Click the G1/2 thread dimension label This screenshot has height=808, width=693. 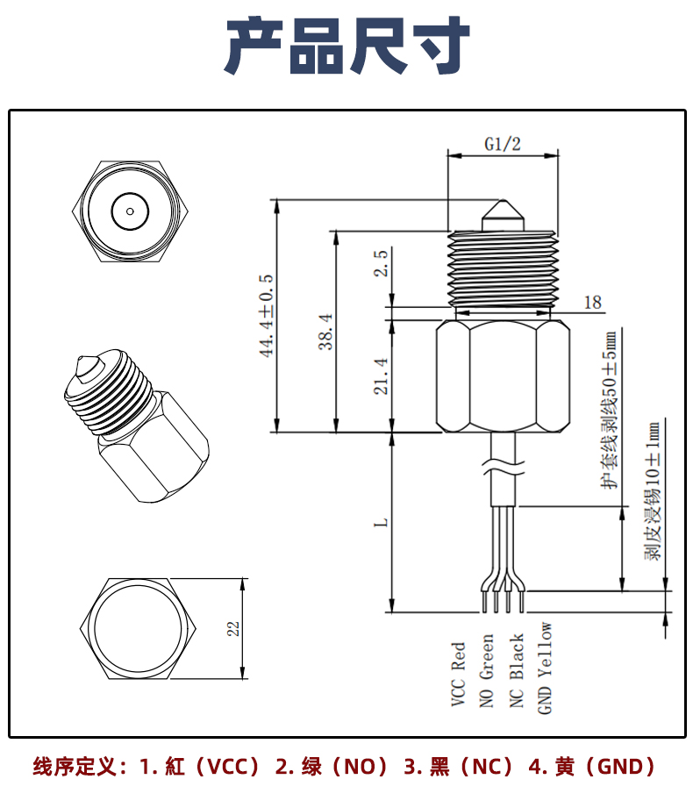tap(503, 146)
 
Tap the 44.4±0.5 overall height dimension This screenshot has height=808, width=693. tap(266, 315)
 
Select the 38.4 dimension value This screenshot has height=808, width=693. tap(325, 332)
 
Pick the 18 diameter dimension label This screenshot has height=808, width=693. tap(593, 303)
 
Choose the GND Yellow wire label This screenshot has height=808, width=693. tap(546, 667)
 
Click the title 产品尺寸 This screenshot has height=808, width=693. tap(346, 46)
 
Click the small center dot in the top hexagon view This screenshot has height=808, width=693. tap(130, 211)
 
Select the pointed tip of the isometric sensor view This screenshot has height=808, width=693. tap(83, 362)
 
